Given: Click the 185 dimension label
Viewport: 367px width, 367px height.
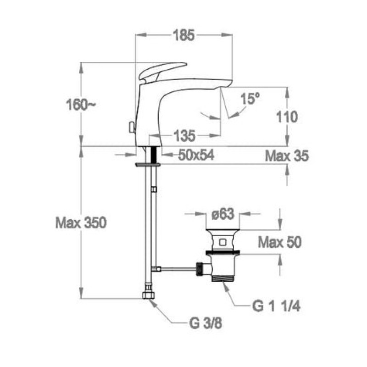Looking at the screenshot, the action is point(184,35).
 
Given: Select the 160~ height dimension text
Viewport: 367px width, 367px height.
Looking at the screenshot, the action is point(81,105).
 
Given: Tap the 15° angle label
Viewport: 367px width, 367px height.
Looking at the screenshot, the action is point(250,98).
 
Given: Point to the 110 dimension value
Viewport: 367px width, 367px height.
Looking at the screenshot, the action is point(287,117).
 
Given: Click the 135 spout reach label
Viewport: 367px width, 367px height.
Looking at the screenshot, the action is point(184,136).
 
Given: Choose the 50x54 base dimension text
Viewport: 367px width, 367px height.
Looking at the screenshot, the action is point(196,155).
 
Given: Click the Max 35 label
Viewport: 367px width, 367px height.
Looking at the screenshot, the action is point(287,156).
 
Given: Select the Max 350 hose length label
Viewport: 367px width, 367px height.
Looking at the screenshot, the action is point(81,222).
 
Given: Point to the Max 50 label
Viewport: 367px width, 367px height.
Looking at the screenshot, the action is point(280,242).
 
